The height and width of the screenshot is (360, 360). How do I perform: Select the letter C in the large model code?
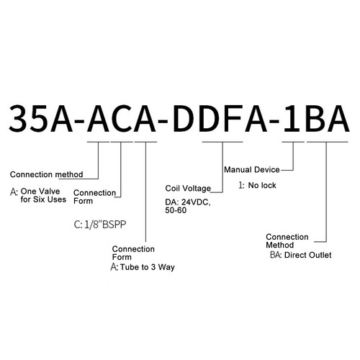click(121, 119)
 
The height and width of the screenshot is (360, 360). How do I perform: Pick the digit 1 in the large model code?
click(292, 119)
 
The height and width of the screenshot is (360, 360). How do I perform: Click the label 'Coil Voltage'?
click(188, 189)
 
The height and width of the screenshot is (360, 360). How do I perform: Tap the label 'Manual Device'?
click(252, 170)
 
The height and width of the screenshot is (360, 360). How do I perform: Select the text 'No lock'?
click(262, 185)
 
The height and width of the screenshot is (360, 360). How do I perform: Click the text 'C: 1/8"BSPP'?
click(100, 225)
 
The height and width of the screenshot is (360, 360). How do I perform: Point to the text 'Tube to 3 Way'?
click(148, 267)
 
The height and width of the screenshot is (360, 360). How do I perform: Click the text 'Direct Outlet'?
click(307, 255)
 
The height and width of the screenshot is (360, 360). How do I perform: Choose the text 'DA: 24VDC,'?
click(188, 202)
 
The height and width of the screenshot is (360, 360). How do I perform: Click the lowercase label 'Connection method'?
click(47, 174)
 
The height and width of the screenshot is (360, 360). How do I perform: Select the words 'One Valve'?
click(40, 192)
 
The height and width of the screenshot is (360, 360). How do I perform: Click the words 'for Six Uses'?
click(43, 199)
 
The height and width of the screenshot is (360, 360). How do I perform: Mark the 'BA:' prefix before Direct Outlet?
click(276, 255)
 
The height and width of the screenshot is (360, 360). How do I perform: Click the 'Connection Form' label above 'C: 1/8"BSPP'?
click(94, 197)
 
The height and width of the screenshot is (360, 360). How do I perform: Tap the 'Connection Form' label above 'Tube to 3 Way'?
click(133, 253)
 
